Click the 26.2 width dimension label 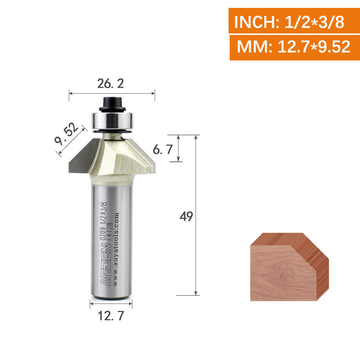[x=111, y=84]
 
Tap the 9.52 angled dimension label [x=66, y=134]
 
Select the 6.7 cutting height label [x=163, y=150]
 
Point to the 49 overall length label [x=186, y=216]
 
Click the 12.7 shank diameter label [x=111, y=316]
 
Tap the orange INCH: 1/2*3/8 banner [x=294, y=21]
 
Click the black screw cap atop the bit [x=112, y=104]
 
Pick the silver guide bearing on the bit [x=112, y=121]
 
